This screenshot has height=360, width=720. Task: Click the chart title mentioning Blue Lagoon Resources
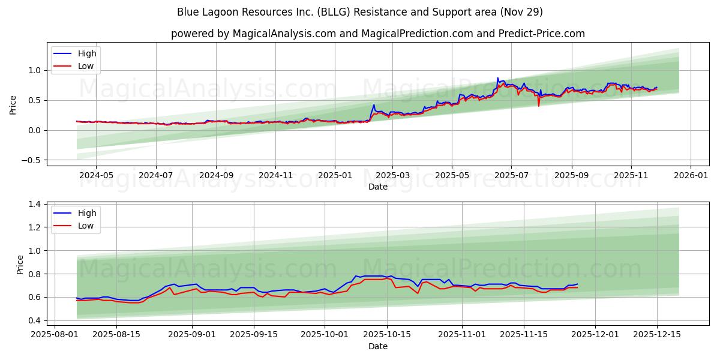click(360, 12)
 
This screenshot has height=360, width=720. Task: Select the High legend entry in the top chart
click(87, 53)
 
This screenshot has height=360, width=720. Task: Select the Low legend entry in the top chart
click(86, 66)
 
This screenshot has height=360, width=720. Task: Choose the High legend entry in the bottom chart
click(87, 214)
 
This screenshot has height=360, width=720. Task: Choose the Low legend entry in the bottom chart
click(86, 226)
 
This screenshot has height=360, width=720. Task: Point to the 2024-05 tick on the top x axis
click(97, 175)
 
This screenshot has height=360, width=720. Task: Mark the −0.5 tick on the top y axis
click(32, 160)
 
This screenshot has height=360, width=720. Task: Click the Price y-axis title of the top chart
click(13, 105)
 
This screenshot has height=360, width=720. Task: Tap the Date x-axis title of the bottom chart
click(378, 346)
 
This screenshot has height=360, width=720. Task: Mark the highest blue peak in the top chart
click(497, 78)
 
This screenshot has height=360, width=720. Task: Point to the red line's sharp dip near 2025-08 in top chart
click(538, 106)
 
